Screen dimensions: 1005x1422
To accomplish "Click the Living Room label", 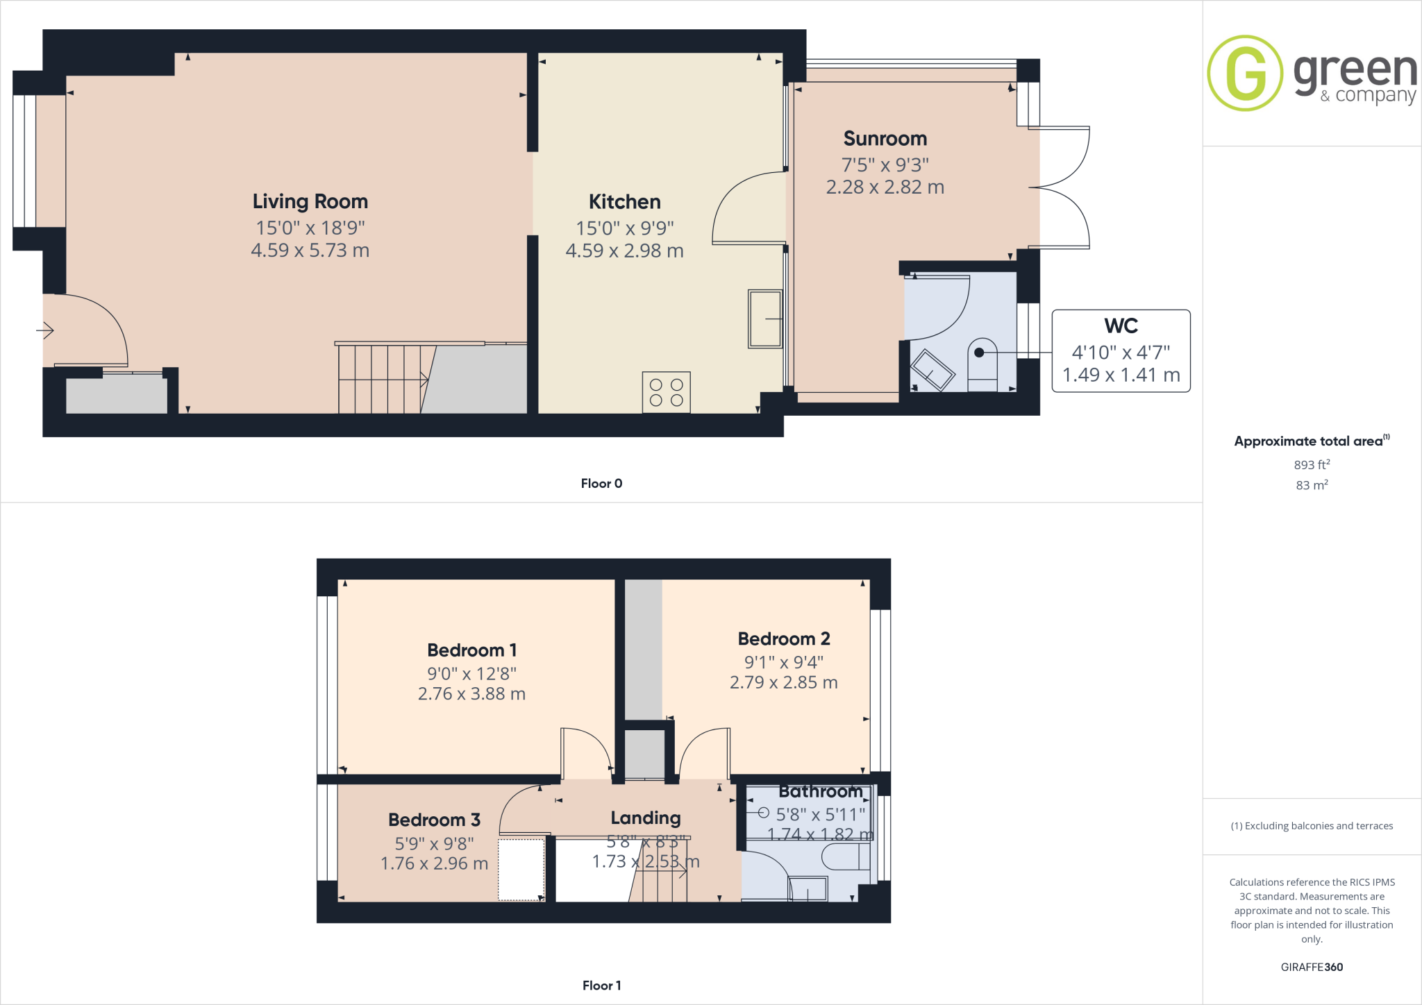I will [310, 201].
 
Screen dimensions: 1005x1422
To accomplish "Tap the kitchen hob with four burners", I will [666, 392].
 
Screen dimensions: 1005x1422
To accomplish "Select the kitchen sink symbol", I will [764, 319].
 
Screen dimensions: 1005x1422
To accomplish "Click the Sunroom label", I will [885, 139].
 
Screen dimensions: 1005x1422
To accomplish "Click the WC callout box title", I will [1121, 326].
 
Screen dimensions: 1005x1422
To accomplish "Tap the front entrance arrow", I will [45, 330].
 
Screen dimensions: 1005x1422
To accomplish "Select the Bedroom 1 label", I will [471, 650].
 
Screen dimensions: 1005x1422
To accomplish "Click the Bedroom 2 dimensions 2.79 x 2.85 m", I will [783, 683].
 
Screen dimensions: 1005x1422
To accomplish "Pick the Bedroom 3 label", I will [434, 820].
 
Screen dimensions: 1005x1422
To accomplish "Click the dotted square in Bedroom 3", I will [521, 870].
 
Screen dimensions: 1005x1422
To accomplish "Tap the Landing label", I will [645, 818].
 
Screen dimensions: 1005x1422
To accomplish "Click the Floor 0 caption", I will [601, 484].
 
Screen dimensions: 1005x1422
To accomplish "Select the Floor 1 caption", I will [601, 986].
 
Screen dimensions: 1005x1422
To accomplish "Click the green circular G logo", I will [1245, 73].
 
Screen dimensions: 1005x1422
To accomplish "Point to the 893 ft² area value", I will [1311, 464].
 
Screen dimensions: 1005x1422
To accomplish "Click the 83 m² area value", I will [1311, 485].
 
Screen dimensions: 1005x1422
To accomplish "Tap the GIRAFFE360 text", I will [1311, 967].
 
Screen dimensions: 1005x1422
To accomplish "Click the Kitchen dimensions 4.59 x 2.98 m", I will [624, 251].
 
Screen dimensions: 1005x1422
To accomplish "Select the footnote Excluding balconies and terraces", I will [1312, 826].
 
